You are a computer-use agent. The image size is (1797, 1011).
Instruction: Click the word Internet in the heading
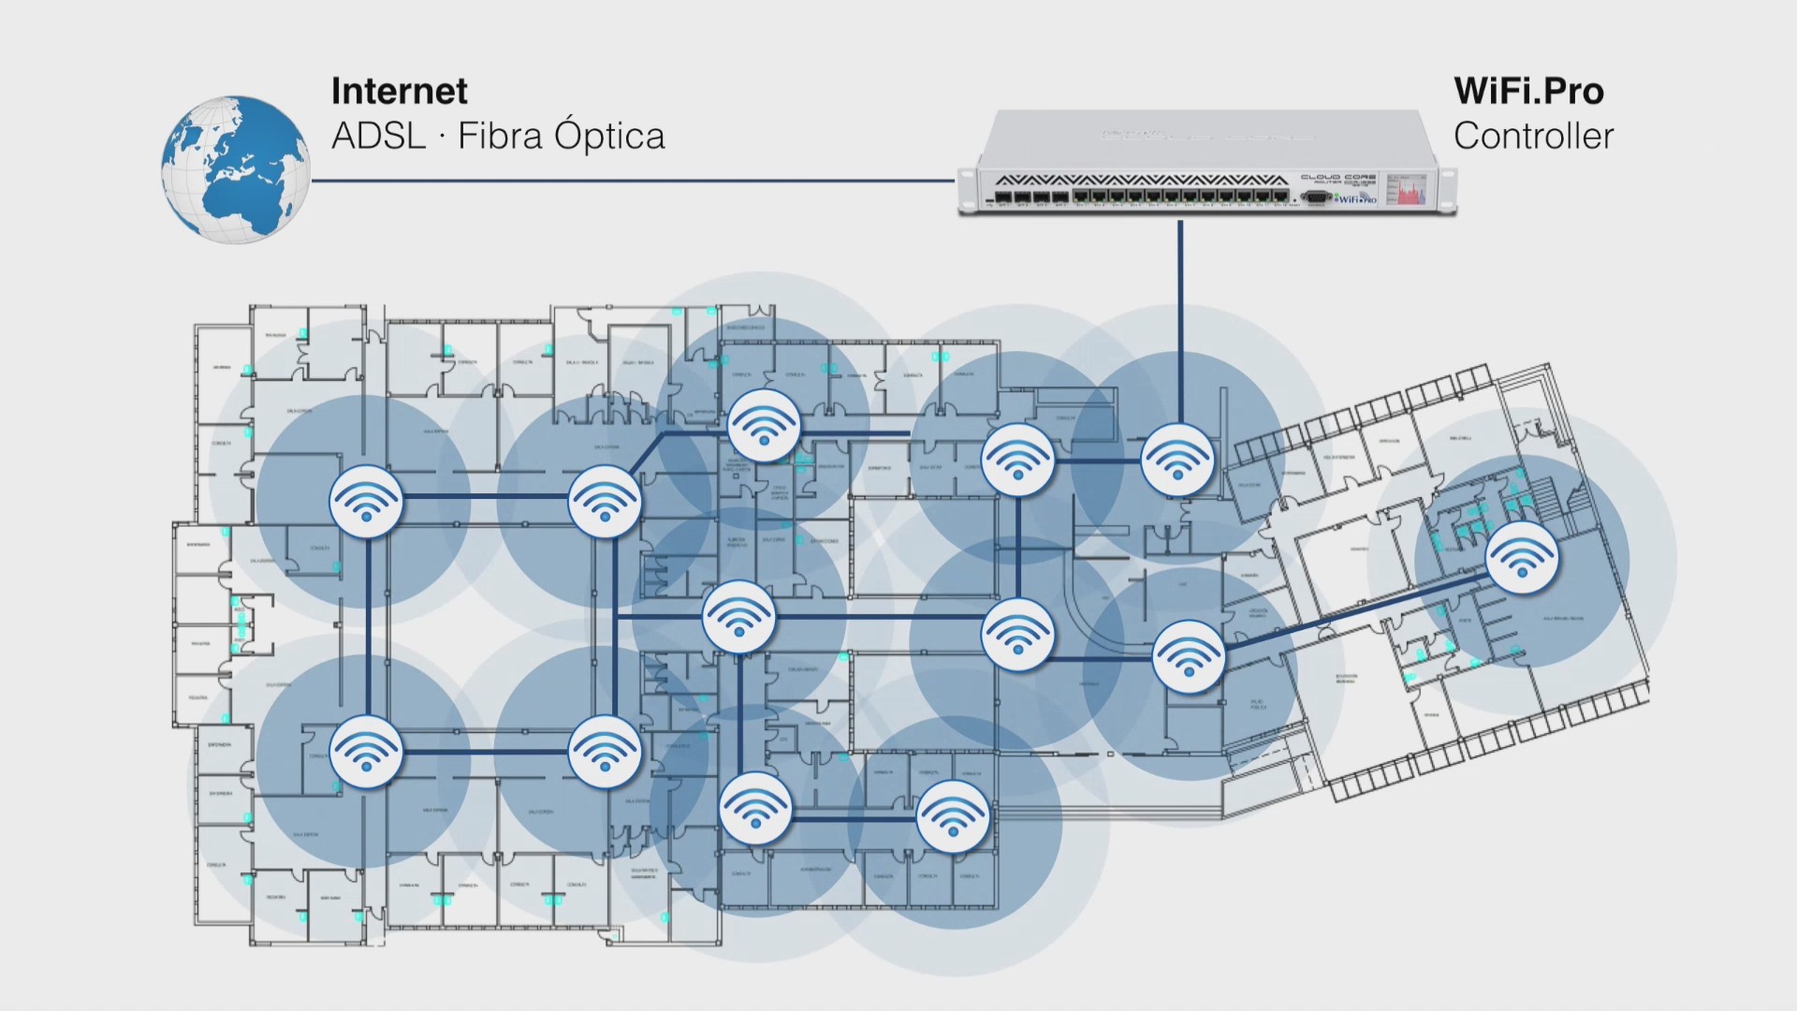click(399, 91)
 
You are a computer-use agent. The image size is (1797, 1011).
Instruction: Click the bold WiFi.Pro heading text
click(1528, 91)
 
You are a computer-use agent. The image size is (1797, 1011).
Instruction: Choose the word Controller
click(1533, 137)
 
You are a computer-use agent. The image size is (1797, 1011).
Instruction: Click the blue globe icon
click(235, 169)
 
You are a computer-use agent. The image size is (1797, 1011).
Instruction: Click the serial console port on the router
click(1316, 197)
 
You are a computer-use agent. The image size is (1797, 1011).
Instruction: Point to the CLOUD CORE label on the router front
click(1338, 177)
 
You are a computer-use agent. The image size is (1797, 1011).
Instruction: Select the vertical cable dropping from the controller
click(1180, 318)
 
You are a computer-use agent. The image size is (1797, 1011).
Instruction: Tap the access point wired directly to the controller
click(1177, 460)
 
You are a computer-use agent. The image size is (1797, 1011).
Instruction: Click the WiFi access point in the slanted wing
click(1522, 558)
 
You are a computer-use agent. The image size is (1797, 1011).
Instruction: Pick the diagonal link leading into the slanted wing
click(1352, 613)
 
